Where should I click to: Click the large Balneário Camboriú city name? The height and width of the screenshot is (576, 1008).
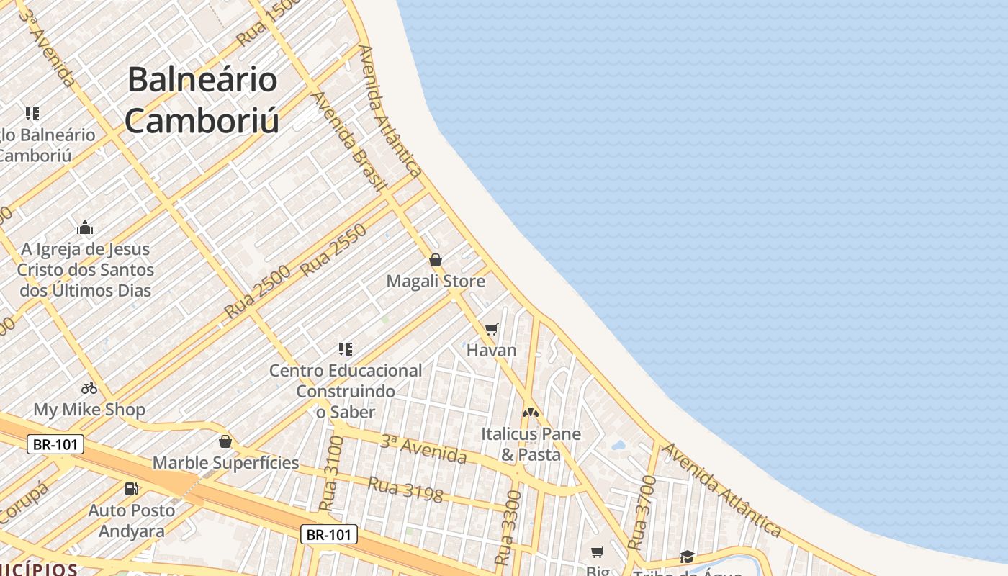pyautogui.click(x=202, y=99)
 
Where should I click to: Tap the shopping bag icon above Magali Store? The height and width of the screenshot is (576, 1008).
pyautogui.click(x=436, y=260)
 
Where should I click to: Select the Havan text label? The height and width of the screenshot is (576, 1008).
pyautogui.click(x=492, y=351)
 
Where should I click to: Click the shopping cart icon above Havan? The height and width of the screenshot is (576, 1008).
pyautogui.click(x=492, y=329)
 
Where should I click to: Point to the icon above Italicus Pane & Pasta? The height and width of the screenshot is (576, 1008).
pyautogui.click(x=531, y=413)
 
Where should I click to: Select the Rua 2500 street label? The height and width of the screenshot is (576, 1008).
pyautogui.click(x=257, y=292)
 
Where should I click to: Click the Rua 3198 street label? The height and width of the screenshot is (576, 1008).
pyautogui.click(x=405, y=489)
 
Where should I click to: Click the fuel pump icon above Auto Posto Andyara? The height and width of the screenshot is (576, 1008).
pyautogui.click(x=131, y=489)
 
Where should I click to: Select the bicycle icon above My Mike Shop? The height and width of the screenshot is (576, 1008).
pyautogui.click(x=89, y=388)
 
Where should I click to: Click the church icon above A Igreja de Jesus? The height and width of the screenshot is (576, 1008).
pyautogui.click(x=85, y=228)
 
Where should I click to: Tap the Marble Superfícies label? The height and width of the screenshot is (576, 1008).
pyautogui.click(x=225, y=463)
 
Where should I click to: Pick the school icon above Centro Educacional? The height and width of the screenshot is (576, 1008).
pyautogui.click(x=346, y=349)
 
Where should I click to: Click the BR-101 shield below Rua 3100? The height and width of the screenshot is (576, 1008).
pyautogui.click(x=328, y=534)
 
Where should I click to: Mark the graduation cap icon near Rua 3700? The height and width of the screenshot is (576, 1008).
pyautogui.click(x=687, y=557)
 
